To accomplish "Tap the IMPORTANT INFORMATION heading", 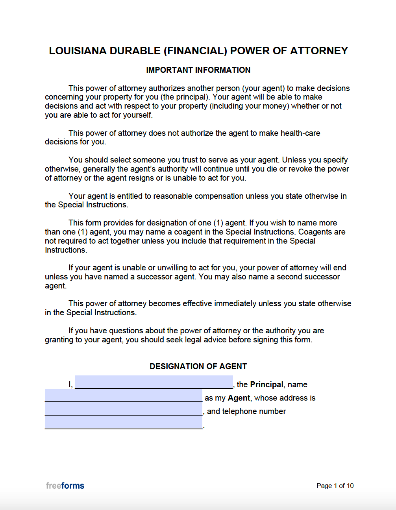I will coord(198,70).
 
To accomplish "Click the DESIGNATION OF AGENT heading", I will coord(198,366).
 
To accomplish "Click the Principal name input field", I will coord(154,382).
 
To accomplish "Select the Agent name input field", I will coord(123,395).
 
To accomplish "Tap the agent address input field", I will coord(123,409).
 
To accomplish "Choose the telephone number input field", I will coord(123,422).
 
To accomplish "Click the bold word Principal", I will coord(266,384).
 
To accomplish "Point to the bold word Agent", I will coord(239,398).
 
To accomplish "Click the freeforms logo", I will coord(65,486).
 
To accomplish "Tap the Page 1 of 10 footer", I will coord(335,486).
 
